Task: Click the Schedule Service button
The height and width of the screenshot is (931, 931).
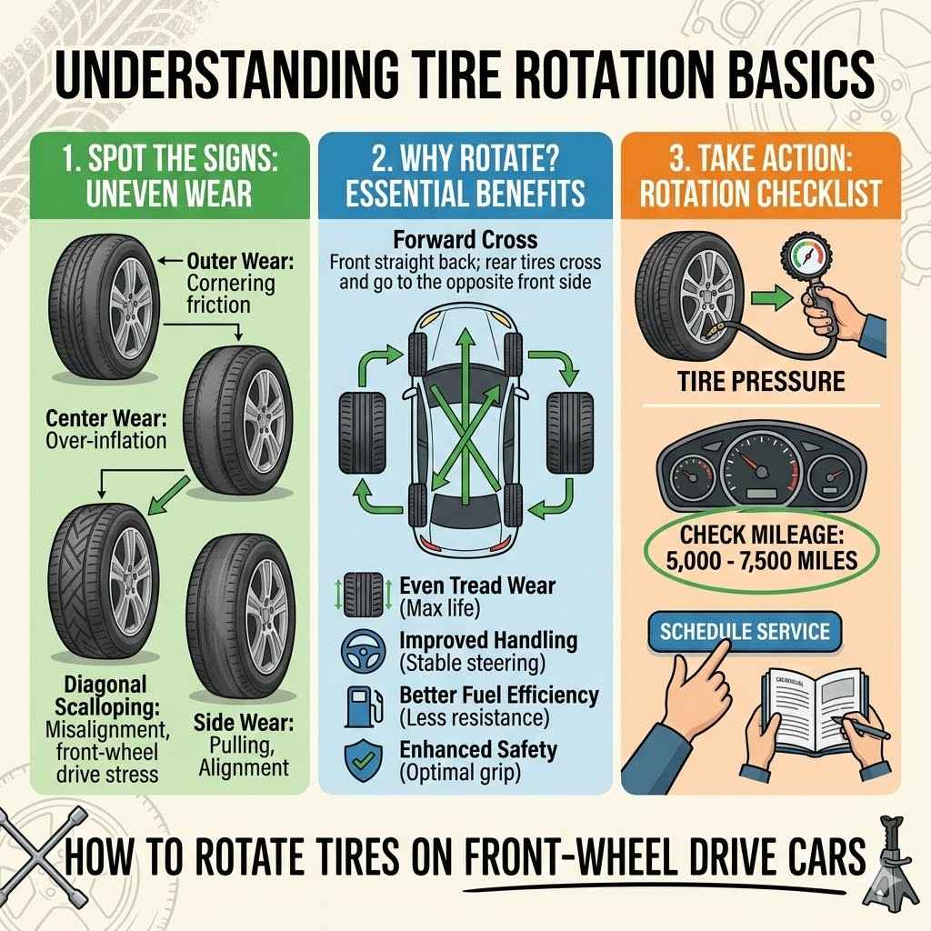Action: click(744, 631)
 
